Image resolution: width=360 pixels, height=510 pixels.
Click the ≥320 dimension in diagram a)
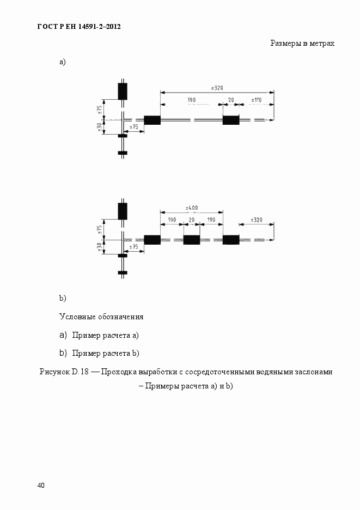point(217,88)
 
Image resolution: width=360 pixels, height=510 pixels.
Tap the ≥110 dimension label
point(255,100)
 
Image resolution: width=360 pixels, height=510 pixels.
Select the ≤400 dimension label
point(191,208)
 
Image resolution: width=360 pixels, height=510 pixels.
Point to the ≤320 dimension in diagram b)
point(257,220)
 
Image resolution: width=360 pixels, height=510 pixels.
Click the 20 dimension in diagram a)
point(231,100)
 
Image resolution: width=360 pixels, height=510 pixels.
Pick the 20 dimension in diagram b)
point(191,220)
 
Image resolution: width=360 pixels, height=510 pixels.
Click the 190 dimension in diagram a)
point(191,100)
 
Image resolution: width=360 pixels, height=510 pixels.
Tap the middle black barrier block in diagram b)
point(191,240)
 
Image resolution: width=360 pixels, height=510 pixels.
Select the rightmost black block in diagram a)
point(231,120)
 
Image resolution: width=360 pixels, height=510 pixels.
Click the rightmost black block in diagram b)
point(231,240)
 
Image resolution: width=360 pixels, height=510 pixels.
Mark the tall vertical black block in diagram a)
point(123,91)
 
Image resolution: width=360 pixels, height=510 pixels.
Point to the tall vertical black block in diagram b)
point(123,210)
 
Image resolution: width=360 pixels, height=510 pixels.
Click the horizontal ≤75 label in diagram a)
point(133,127)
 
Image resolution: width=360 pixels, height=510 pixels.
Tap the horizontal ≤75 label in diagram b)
point(133,247)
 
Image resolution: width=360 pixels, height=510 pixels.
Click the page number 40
point(41,485)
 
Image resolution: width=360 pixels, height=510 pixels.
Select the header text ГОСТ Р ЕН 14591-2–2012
point(78,26)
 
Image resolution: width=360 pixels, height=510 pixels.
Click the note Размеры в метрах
point(302,43)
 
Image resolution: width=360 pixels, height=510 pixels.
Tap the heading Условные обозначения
point(101,317)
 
